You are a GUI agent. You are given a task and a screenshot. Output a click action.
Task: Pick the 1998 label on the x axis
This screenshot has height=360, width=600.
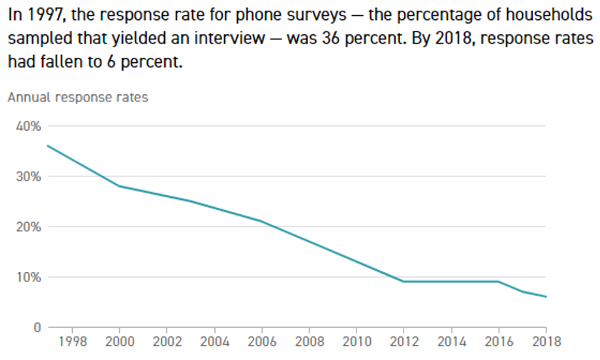click(72, 341)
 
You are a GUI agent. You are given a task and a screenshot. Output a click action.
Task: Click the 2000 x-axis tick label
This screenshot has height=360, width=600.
click(119, 341)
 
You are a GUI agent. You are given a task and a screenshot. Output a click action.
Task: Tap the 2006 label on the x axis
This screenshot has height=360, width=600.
click(261, 341)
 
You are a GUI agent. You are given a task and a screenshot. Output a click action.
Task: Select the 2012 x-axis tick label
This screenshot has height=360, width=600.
click(404, 341)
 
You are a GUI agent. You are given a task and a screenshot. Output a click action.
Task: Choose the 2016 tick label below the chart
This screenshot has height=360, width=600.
click(499, 341)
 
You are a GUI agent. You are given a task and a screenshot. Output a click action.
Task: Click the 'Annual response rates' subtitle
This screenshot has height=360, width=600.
click(78, 97)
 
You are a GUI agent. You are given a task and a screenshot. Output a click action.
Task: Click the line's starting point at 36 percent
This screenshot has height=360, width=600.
click(48, 146)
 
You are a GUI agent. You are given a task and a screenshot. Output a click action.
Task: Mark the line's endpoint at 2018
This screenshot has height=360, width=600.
click(546, 296)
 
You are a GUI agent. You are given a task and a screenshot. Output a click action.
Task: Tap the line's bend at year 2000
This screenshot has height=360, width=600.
click(119, 186)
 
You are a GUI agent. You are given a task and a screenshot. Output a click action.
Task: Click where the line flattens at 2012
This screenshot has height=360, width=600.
click(404, 281)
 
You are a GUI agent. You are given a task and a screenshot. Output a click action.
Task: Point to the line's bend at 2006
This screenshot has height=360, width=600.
click(261, 221)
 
